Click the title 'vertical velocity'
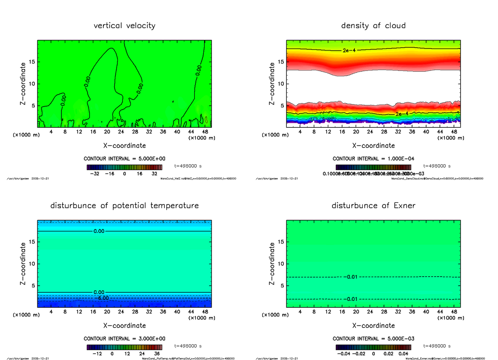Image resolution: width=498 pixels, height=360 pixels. tap(124, 26)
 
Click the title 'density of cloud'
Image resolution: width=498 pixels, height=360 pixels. tap(373, 26)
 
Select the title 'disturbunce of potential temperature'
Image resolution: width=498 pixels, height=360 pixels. tap(124, 206)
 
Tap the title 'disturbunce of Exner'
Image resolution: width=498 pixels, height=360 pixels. tap(373, 206)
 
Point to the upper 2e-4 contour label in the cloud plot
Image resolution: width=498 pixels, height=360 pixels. tap(349, 50)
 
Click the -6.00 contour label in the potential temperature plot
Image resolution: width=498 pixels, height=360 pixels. tap(101, 298)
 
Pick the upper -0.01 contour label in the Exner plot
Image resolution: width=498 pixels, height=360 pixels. tap(351, 277)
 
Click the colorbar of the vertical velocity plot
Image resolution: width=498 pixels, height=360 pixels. tap(124, 167)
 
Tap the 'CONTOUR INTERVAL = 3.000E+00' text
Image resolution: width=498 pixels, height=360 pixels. tap(124, 338)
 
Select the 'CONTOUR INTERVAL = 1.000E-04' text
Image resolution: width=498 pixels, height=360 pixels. tap(373, 158)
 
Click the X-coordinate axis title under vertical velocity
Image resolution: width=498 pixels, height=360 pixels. tap(124, 146)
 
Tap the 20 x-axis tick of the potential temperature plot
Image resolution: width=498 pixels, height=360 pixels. tap(107, 312)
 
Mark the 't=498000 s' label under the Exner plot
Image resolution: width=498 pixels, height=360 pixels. tap(437, 345)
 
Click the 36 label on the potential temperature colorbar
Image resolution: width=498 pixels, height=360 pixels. tap(157, 354)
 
